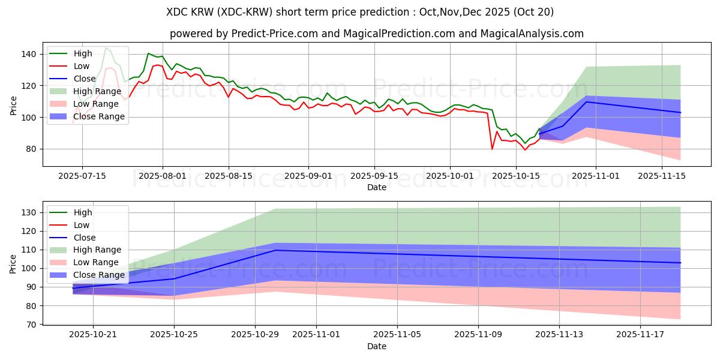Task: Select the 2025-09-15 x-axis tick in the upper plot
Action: click(x=374, y=176)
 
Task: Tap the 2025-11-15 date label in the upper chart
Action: click(x=661, y=176)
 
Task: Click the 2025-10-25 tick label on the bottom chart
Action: click(x=174, y=334)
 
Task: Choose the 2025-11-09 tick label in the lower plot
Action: click(x=478, y=334)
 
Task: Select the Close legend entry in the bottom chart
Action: click(x=85, y=238)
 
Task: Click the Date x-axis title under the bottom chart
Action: click(x=376, y=346)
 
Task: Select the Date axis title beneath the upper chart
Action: click(x=376, y=187)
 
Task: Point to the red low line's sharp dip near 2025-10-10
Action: click(x=492, y=149)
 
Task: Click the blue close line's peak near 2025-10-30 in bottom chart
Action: click(x=275, y=250)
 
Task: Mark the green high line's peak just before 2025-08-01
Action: click(x=148, y=53)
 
